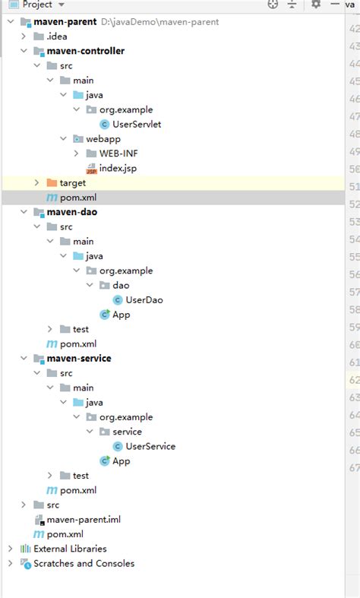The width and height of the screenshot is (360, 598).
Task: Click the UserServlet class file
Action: click(136, 124)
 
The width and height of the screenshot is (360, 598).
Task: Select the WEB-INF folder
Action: click(118, 153)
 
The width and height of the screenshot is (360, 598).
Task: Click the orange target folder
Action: click(72, 182)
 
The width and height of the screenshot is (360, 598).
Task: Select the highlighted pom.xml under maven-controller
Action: click(78, 198)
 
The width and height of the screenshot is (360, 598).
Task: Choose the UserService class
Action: click(150, 446)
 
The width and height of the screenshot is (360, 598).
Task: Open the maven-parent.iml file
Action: click(83, 520)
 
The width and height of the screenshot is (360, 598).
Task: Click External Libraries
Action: click(70, 549)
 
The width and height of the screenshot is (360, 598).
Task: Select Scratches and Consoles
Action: click(84, 563)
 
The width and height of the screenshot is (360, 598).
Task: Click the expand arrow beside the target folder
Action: click(37, 183)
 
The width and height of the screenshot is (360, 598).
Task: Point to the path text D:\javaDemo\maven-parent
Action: click(159, 22)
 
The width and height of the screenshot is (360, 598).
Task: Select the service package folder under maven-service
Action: click(127, 432)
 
